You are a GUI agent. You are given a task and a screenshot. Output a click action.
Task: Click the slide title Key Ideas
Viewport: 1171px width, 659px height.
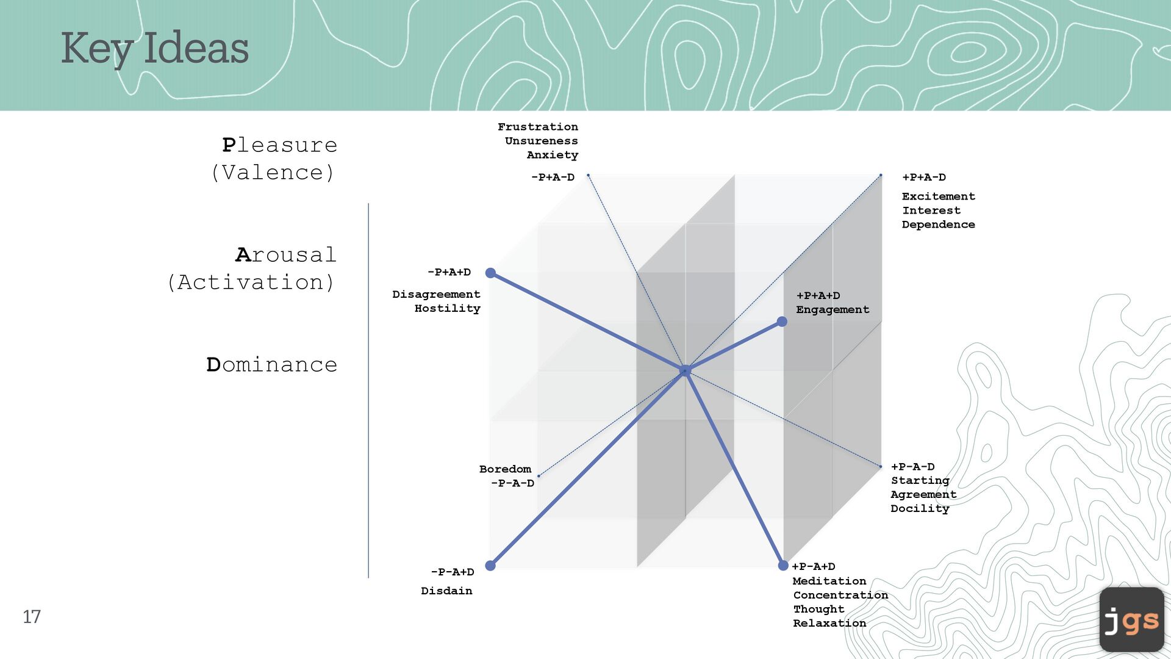click(155, 48)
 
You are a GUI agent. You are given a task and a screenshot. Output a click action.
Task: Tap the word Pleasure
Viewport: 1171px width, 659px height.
click(279, 145)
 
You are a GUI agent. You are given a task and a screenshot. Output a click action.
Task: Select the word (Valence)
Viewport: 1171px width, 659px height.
click(273, 173)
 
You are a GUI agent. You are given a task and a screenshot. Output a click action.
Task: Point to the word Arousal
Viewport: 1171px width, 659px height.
click(285, 254)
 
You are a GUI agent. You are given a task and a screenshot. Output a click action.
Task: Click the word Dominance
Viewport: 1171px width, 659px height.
click(272, 364)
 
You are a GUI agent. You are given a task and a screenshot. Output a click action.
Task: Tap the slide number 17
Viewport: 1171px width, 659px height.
click(32, 616)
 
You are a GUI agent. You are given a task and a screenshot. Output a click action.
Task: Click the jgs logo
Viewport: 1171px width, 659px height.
click(1131, 620)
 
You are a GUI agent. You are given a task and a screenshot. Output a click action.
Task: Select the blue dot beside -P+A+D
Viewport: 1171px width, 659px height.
click(490, 273)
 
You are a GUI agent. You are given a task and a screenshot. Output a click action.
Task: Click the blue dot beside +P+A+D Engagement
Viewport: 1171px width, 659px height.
click(782, 322)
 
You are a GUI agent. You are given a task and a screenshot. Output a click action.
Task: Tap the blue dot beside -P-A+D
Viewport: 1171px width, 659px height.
click(490, 566)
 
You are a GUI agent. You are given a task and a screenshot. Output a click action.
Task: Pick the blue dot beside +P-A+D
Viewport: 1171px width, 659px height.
click(783, 566)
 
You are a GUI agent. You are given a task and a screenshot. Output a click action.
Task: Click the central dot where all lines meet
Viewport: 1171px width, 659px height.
click(685, 370)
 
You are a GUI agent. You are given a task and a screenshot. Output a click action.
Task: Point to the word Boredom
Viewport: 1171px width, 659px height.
click(505, 469)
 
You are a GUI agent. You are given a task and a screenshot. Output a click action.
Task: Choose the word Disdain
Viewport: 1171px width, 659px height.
click(446, 591)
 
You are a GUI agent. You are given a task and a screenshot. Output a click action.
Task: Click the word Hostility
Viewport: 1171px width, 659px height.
click(447, 309)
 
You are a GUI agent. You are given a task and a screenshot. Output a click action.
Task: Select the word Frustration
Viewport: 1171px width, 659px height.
click(537, 127)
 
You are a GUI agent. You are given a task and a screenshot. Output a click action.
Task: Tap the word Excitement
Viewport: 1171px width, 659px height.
click(938, 196)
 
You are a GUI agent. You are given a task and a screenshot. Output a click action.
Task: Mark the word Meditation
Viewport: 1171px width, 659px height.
click(829, 581)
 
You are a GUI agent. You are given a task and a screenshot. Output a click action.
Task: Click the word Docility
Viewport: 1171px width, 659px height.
click(920, 509)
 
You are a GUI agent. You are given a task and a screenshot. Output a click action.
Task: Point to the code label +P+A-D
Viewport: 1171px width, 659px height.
click(924, 178)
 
